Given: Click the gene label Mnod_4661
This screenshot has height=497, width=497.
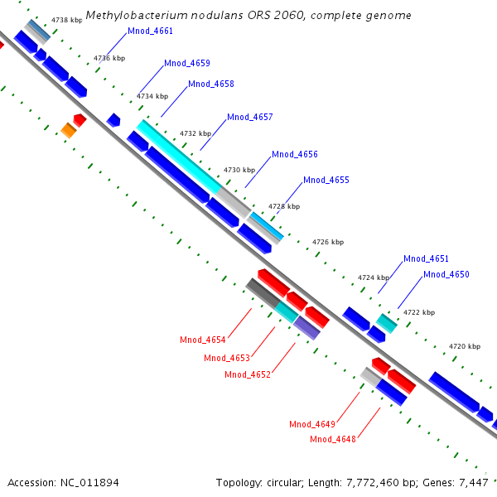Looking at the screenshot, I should coord(151,31).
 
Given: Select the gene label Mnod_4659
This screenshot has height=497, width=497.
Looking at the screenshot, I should coord(187,64).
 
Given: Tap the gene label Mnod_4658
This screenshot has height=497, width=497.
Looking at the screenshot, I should coord(211,84).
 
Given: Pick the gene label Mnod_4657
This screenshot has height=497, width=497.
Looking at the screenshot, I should coord(250,118).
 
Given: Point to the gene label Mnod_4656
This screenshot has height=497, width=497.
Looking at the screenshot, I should coord(295,155).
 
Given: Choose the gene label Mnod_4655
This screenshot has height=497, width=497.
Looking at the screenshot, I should coord(326,181).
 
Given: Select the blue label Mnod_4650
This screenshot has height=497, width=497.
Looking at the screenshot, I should coord(446,275).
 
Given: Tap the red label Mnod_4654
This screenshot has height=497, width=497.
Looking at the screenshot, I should coord(203,340).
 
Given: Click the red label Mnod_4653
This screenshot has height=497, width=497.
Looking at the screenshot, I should coord(227,358).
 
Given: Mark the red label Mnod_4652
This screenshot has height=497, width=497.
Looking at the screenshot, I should coord(248,375).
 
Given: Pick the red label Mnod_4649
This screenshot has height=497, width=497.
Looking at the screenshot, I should coord(312,425).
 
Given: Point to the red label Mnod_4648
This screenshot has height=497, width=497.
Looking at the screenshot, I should coord(333,439).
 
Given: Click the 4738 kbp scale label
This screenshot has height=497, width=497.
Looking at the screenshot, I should coord(66,19).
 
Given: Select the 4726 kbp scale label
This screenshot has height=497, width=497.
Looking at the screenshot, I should coord(327,243).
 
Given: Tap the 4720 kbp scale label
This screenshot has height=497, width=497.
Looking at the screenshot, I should coord(464,346).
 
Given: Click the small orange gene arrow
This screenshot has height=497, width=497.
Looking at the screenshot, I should coord(69,130).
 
